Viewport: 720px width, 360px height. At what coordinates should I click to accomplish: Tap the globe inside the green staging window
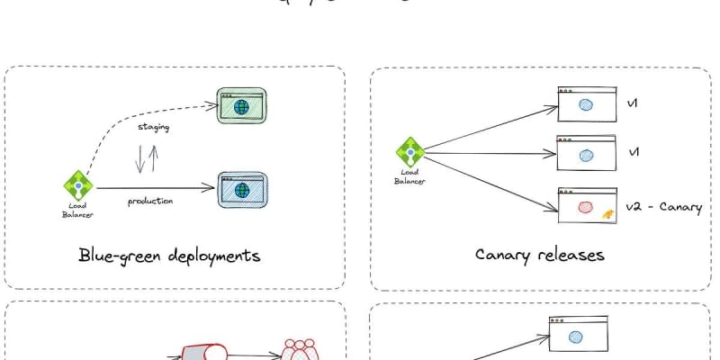(240, 108)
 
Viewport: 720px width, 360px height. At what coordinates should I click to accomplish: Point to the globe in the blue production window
(240, 192)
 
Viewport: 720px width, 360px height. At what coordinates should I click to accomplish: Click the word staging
(154, 128)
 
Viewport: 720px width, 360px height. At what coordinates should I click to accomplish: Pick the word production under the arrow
(150, 201)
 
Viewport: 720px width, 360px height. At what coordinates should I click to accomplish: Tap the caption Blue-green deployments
(169, 256)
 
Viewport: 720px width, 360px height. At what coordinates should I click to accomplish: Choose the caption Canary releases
(540, 255)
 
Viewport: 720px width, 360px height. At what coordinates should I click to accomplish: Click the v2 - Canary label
(663, 209)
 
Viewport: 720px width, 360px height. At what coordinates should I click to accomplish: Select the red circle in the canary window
(586, 208)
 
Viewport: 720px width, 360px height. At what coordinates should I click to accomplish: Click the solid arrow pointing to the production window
(153, 188)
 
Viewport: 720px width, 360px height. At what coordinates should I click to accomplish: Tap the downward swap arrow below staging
(139, 160)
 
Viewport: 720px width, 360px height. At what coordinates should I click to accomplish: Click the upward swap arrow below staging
(153, 159)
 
